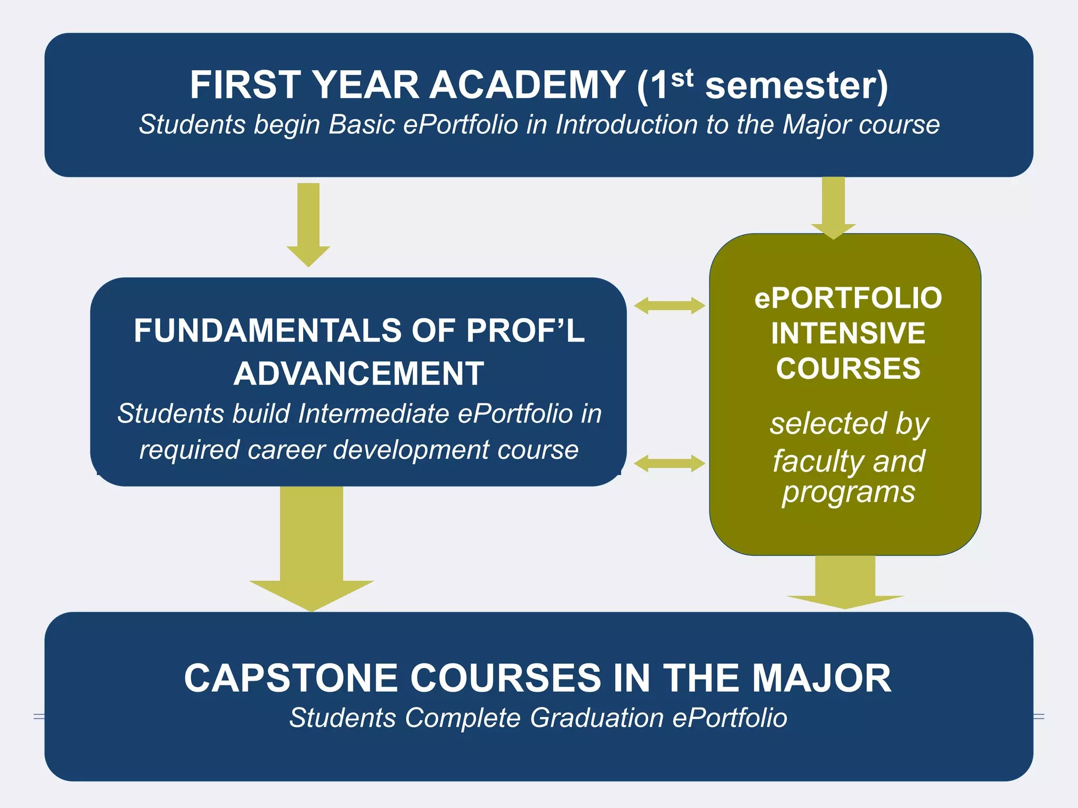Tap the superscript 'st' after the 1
pyautogui.click(x=682, y=79)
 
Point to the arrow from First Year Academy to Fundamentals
pyautogui.click(x=308, y=224)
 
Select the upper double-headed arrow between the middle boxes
pyautogui.click(x=669, y=306)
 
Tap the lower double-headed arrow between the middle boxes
pyautogui.click(x=669, y=463)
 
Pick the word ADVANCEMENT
pyautogui.click(x=359, y=373)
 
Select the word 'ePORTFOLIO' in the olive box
pyautogui.click(x=848, y=298)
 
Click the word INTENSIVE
pyautogui.click(x=848, y=334)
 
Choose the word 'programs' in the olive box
pyautogui.click(x=848, y=493)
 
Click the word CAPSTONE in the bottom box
pyautogui.click(x=291, y=678)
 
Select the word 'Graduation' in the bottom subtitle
pyautogui.click(x=596, y=718)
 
